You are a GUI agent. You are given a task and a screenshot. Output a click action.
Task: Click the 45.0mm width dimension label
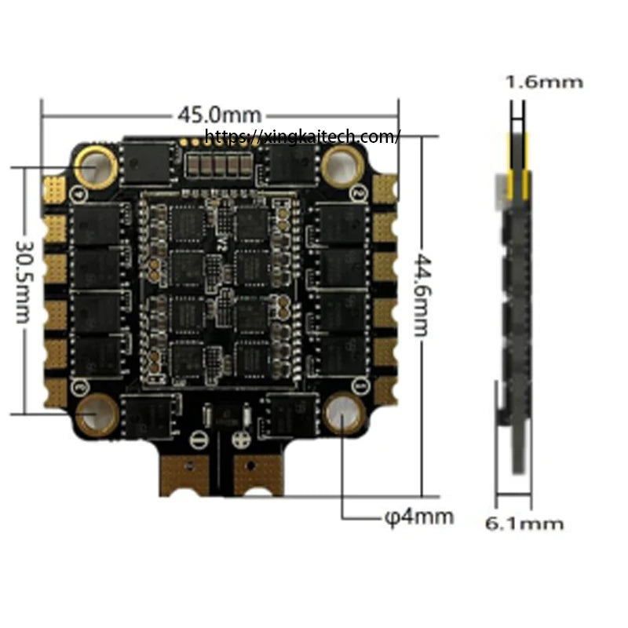click(220, 115)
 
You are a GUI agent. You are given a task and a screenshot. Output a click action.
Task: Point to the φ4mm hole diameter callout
click(419, 517)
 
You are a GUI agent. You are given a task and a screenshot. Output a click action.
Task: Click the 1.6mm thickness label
click(544, 82)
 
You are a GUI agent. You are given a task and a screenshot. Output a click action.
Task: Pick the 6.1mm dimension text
click(524, 524)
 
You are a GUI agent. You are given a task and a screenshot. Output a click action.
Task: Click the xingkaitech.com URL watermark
click(302, 136)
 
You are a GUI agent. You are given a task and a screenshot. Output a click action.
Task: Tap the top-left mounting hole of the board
click(96, 167)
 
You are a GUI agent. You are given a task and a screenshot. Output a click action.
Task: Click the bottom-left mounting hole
click(96, 415)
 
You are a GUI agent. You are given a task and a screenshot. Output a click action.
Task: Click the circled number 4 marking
click(79, 194)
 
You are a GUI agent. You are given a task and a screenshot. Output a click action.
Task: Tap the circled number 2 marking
click(359, 193)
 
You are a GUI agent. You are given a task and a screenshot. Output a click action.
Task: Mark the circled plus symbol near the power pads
click(242, 439)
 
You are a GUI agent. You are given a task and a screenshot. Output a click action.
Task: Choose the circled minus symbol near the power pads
click(199, 440)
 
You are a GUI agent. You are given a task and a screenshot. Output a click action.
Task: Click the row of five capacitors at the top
click(219, 165)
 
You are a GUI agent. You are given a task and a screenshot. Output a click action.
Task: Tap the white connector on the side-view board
click(502, 192)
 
